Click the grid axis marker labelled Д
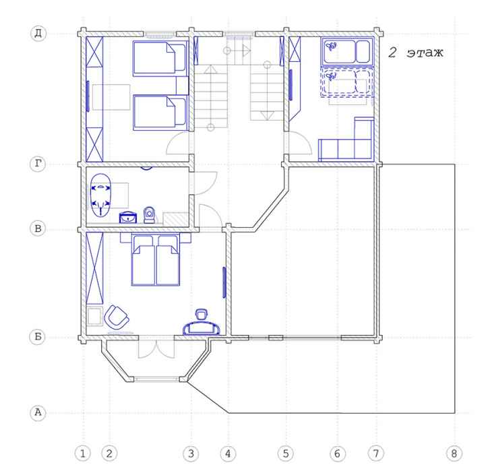pyautogui.click(x=38, y=33)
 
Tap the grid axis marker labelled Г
pyautogui.click(x=38, y=163)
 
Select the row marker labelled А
pyautogui.click(x=38, y=412)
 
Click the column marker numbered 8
pyautogui.click(x=454, y=453)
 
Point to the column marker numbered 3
pyautogui.click(x=191, y=453)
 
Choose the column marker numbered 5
pyautogui.click(x=286, y=453)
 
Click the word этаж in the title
pyautogui.click(x=425, y=53)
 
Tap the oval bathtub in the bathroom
pyautogui.click(x=100, y=195)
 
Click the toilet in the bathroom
pyautogui.click(x=150, y=215)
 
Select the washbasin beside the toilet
pyautogui.click(x=128, y=218)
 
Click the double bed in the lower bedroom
pyautogui.click(x=156, y=261)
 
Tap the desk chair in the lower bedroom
pyautogui.click(x=202, y=314)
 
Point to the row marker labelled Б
pyautogui.click(x=38, y=337)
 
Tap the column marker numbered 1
pyautogui.click(x=83, y=453)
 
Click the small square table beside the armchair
pyautogui.click(x=94, y=316)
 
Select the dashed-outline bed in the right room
pyautogui.click(x=347, y=82)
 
